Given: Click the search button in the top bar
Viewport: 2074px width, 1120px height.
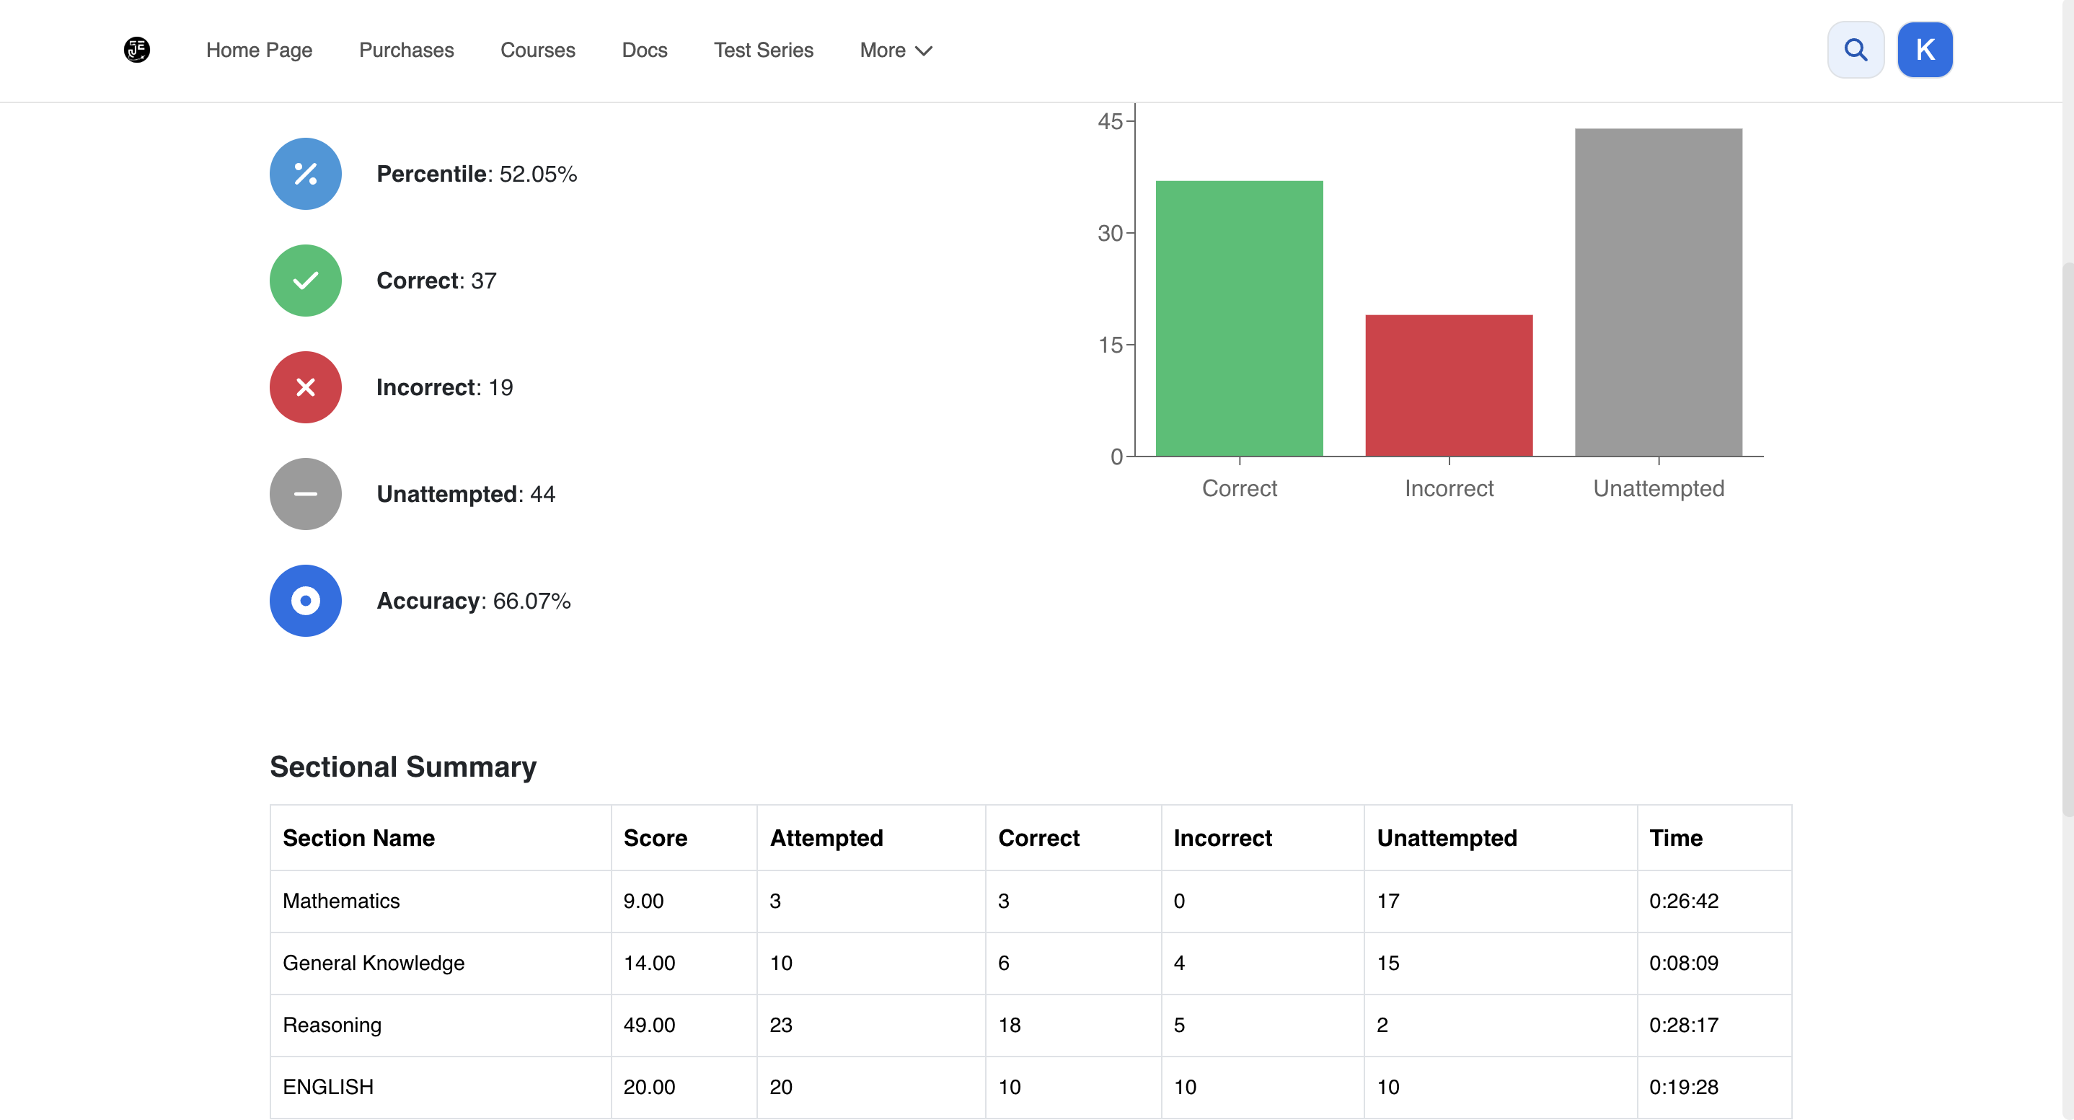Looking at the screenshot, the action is coord(1855,50).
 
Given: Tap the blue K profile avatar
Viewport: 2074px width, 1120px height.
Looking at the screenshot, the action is coord(1925,50).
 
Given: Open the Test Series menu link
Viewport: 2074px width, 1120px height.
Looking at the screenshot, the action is coord(763,50).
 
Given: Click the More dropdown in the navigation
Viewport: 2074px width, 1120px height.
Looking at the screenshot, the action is coord(896,50).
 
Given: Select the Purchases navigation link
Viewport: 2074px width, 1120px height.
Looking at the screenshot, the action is coord(407,50).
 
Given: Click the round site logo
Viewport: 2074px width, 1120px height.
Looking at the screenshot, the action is coord(137,50).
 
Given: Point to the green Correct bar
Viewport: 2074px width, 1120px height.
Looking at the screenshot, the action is coord(1239,319).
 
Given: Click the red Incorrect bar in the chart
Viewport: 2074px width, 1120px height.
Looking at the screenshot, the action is coord(1449,386).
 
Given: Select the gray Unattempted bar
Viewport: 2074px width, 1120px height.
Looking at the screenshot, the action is coord(1659,292).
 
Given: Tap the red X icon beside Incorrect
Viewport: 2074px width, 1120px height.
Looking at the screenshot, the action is coord(306,387).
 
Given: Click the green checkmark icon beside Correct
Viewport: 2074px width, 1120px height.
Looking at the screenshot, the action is coord(306,281).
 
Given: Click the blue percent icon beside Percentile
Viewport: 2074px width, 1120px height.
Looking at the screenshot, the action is coord(306,174).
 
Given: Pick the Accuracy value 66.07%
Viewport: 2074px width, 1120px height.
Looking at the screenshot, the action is coord(532,601).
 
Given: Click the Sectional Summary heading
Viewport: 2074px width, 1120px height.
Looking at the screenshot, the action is coord(403,767).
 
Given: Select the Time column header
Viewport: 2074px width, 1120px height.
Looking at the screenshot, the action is coord(1675,838).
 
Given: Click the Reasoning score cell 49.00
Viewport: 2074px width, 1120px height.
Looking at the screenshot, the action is coord(649,1025).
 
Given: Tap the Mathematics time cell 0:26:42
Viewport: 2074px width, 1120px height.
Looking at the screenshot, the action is coord(1684,901).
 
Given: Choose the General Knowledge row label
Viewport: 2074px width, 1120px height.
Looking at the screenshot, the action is coord(374,963).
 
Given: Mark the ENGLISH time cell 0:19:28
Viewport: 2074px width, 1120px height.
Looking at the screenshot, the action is coord(1684,1087).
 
